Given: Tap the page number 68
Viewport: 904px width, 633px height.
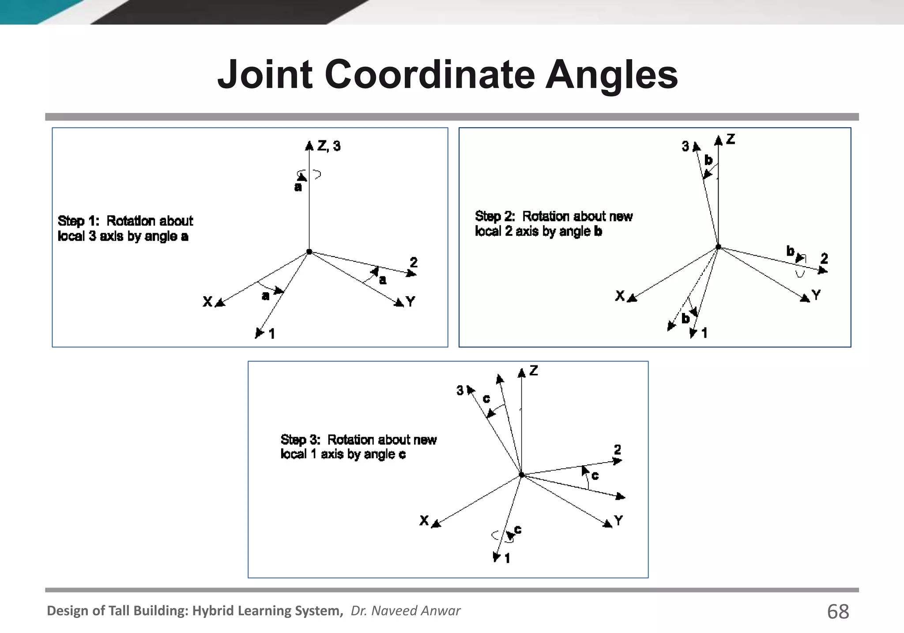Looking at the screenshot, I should pos(837,612).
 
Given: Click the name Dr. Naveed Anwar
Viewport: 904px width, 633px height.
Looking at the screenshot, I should pos(405,610).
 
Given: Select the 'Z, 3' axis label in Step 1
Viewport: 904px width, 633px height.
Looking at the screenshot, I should pos(329,146).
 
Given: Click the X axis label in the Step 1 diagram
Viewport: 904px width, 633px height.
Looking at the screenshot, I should pos(207,302).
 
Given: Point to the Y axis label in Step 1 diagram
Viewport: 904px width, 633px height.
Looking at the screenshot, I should pos(411,302).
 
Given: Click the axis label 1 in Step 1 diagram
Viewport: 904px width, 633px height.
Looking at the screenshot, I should pos(272,334).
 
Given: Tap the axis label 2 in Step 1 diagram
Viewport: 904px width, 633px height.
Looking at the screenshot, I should pos(413,263).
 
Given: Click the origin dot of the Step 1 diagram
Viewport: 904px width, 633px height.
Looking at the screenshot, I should pos(309,252).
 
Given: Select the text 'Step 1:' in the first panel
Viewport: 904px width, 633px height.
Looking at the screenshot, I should pos(78,221).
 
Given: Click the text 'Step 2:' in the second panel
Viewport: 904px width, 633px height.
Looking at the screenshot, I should pos(495,216).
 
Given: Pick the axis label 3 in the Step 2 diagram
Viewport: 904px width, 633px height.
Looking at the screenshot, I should pos(685,146).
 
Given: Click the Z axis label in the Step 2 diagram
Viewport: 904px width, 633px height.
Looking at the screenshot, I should pos(731,139).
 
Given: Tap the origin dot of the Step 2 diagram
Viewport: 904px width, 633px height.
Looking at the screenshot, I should pos(718,247).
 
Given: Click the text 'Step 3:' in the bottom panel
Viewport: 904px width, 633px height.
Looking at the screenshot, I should pos(300,440).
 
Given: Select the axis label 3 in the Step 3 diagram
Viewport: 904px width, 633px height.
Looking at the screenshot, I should pos(460,390).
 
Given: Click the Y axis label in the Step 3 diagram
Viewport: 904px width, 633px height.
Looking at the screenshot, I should pos(618,521).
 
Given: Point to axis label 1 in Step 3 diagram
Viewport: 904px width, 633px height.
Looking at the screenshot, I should pos(507,559).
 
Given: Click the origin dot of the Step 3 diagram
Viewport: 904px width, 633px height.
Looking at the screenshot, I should pos(521,475).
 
